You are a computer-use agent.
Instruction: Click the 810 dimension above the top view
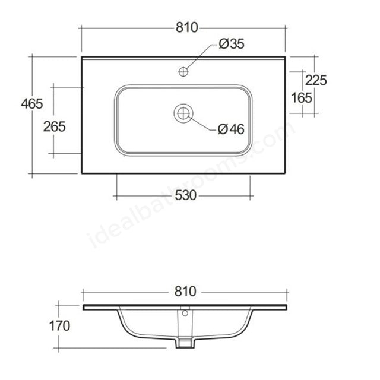tap(185, 28)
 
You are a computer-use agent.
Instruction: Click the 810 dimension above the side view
tap(185, 292)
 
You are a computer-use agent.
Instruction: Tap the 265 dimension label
tap(54, 126)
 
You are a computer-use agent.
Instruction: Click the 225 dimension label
tap(316, 80)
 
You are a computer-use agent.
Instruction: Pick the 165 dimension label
tap(302, 98)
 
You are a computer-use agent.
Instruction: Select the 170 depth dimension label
tap(59, 325)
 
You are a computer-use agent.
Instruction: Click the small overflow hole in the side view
tap(185, 312)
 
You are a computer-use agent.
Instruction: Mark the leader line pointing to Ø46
tap(204, 123)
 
